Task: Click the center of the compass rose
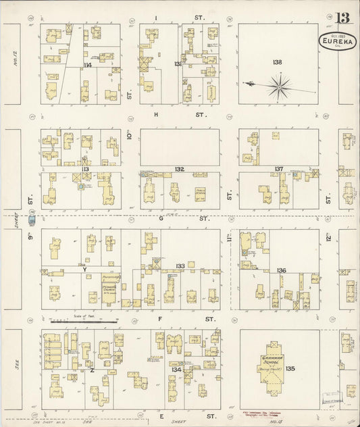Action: point(279,84)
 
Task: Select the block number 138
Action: point(276,61)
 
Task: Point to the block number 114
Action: point(87,65)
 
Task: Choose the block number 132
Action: point(179,169)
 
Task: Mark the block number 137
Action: point(278,169)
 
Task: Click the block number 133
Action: point(180,267)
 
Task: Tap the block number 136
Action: point(281,270)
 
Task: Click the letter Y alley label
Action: point(85,269)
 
